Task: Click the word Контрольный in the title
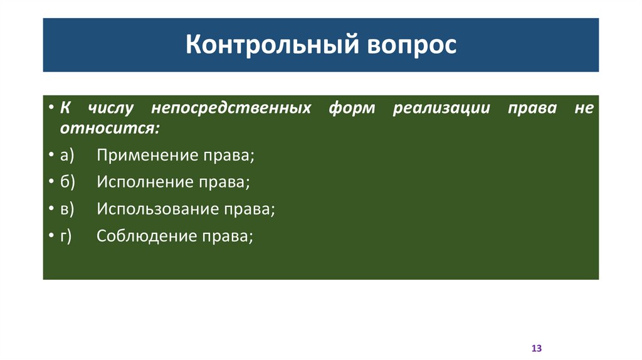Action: tap(261, 46)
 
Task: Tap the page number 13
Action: tap(536, 348)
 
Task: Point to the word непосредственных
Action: tap(231, 108)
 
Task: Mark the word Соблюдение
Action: tap(144, 236)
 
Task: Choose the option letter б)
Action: tap(68, 182)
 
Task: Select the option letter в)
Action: tap(68, 209)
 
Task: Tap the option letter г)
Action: tap(66, 236)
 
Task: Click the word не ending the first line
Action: tap(583, 108)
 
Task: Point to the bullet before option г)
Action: tap(51, 236)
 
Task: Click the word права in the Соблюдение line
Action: tap(226, 236)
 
